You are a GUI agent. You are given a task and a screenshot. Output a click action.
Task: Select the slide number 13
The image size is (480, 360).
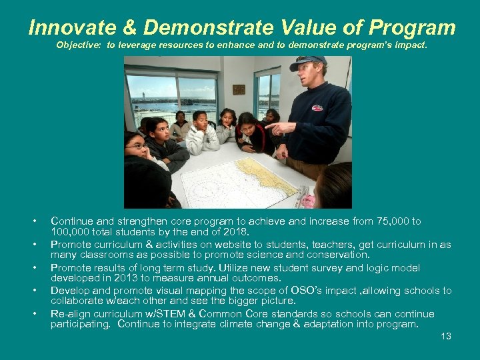446,336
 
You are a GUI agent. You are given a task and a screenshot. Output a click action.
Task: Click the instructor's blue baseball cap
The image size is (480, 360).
309,63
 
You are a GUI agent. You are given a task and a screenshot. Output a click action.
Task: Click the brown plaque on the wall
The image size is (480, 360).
239,89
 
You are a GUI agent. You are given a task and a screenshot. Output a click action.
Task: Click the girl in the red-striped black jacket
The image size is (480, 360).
250,133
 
